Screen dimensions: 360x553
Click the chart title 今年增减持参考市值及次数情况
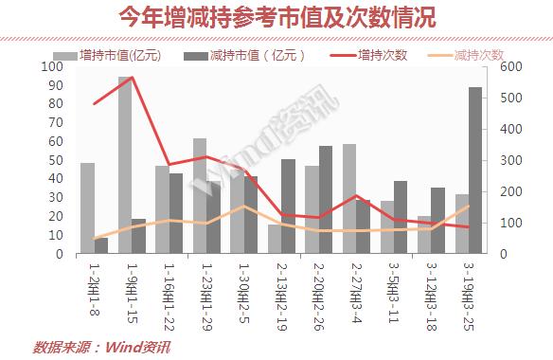point(276,18)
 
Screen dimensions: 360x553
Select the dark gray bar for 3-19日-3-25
point(475,171)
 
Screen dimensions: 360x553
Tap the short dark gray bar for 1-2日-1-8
point(101,246)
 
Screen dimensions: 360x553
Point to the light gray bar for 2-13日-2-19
point(275,239)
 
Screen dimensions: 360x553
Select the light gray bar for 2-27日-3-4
point(349,199)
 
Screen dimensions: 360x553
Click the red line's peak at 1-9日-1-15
point(132,78)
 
